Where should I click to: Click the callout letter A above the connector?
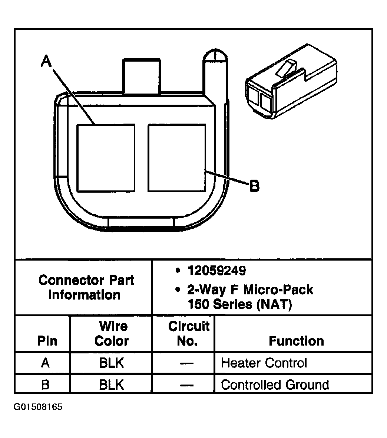coord(46,61)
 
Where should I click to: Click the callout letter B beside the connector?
coord(254,186)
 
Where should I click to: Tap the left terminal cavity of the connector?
coord(106,158)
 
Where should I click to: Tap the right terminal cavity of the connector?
coord(177,158)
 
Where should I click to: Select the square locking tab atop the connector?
coord(142,76)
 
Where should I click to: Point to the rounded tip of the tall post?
coord(215,55)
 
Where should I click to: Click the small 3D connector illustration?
coord(291,81)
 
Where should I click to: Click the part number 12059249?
coord(217,270)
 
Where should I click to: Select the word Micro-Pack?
coord(278,290)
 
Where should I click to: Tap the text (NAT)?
coord(274,304)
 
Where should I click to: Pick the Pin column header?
coord(47,341)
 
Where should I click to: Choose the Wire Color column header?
coord(112,334)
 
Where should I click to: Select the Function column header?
coord(296,341)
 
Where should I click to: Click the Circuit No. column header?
coord(189,334)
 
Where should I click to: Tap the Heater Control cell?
coord(264,363)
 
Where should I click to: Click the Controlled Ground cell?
coord(275,385)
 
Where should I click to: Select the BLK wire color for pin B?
coord(111,385)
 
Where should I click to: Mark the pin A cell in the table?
coord(46,363)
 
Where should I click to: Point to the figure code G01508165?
coord(38,407)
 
